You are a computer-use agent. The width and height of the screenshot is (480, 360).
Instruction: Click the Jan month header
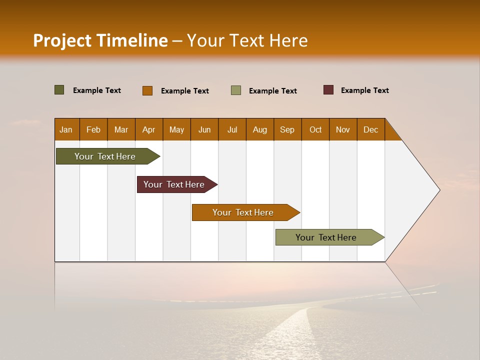(66, 129)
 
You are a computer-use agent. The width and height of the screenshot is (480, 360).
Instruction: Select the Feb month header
(93, 129)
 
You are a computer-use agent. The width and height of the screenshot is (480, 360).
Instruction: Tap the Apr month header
(149, 129)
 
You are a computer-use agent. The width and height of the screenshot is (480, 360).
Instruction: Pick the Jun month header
(204, 129)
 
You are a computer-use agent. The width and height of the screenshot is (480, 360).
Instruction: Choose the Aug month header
(260, 129)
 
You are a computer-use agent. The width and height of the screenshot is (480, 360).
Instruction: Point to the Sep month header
(287, 129)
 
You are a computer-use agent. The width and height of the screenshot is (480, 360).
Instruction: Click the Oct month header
(315, 129)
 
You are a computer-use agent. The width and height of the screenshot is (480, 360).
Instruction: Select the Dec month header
(371, 129)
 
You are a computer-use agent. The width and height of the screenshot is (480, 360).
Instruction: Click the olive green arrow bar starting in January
(105, 156)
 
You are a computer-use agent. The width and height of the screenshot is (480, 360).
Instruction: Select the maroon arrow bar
(174, 184)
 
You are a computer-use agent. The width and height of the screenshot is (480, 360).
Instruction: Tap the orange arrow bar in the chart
(243, 212)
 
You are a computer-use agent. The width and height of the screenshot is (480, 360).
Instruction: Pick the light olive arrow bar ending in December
(326, 237)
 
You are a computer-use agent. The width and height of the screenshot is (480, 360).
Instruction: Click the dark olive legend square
(59, 90)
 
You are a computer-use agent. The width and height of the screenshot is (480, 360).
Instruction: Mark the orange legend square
(147, 90)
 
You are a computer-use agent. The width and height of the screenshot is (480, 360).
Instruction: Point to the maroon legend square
(328, 90)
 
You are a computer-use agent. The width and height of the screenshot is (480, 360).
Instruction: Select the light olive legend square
(236, 90)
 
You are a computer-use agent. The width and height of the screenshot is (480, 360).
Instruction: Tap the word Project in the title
(62, 40)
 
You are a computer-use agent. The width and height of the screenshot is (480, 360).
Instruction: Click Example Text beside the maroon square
(364, 90)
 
